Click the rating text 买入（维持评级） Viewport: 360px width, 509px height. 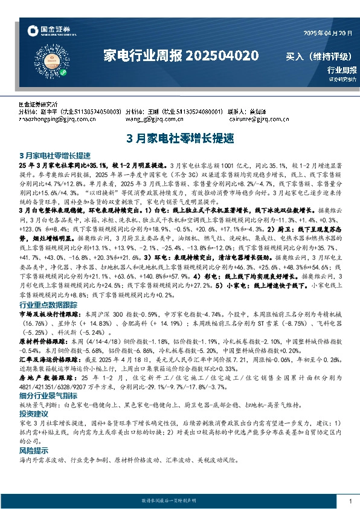[x=318, y=57]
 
